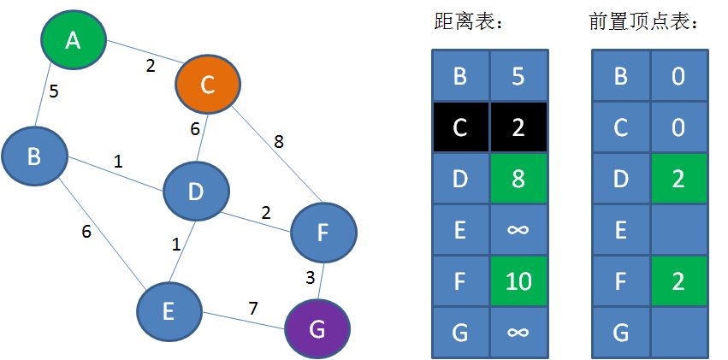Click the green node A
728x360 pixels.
point(74,40)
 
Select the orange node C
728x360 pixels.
point(207,85)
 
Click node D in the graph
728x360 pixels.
point(196,192)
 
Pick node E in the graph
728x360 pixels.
point(169,311)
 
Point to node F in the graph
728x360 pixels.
point(323,232)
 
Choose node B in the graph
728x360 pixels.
point(34,156)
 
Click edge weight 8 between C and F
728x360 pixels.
point(279,141)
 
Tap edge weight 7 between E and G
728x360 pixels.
point(253,308)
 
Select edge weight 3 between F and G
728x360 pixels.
point(311,277)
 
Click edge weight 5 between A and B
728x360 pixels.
point(54,91)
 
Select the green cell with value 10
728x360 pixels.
point(518,280)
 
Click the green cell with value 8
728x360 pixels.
point(518,179)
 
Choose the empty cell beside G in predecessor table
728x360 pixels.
point(678,332)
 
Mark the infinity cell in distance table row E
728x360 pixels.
point(518,229)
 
